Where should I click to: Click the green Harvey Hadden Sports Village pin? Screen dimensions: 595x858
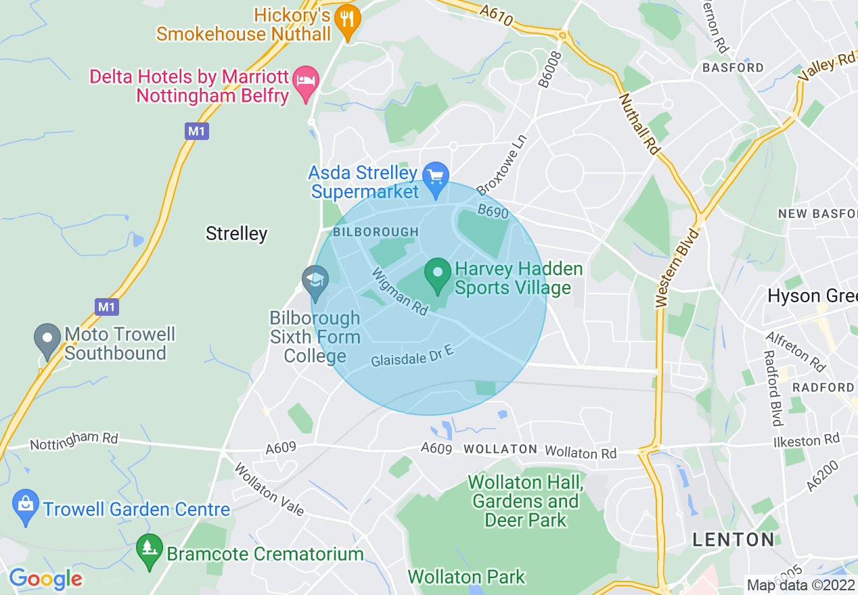[x=437, y=275]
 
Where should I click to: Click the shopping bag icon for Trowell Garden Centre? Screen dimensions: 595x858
[x=26, y=506]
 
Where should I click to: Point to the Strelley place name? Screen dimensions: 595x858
[x=236, y=234]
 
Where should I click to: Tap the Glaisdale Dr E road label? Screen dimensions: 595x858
[x=411, y=359]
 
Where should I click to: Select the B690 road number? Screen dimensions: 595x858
[x=493, y=213]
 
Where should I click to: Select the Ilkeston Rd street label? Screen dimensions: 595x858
[x=806, y=442]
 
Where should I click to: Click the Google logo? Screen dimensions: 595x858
[x=45, y=579]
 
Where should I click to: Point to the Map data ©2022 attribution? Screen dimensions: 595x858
[x=800, y=585]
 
